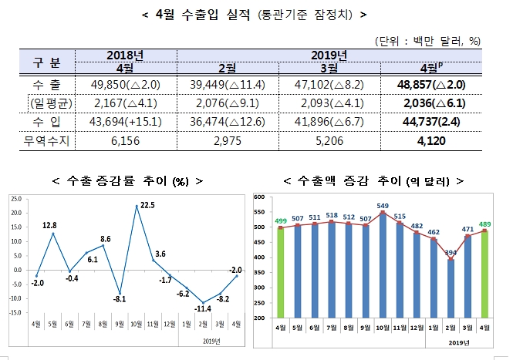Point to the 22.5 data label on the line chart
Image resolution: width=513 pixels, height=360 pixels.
coord(147,205)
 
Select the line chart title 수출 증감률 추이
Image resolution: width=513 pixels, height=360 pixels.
coord(123,181)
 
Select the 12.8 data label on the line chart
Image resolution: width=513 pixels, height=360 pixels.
coord(50,225)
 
